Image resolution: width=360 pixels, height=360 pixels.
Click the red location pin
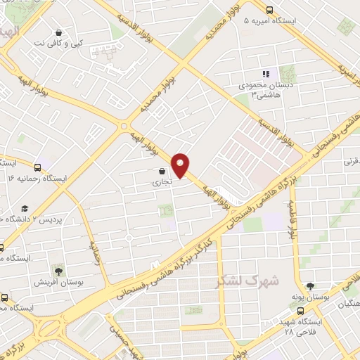[x=181, y=164]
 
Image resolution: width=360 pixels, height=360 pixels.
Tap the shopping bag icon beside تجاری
[x=162, y=171]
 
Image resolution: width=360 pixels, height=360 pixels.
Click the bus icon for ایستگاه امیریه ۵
[x=270, y=10]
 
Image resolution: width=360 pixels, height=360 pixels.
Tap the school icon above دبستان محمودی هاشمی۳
[x=265, y=74]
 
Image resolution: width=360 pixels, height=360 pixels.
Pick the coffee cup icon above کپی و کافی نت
[x=58, y=32]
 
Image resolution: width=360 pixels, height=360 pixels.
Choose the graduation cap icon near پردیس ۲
[x=25, y=208]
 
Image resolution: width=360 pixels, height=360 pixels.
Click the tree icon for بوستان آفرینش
[x=58, y=270]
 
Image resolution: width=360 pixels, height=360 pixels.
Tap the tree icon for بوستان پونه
[x=311, y=285]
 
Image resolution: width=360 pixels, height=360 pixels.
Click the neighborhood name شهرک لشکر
[x=247, y=281]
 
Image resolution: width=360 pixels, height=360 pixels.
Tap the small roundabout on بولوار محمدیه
[x=124, y=127]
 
